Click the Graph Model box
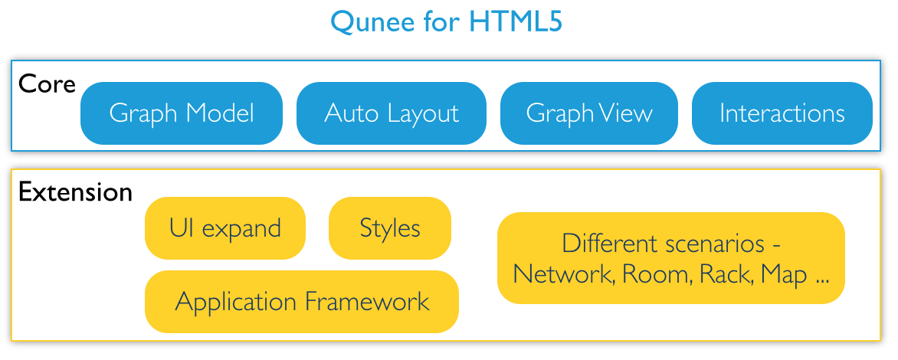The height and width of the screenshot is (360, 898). tap(182, 113)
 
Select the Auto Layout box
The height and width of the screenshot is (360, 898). tap(392, 113)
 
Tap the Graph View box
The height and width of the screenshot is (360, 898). tap(589, 113)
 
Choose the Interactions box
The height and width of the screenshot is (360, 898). tap(782, 113)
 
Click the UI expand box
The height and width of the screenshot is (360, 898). tap(225, 228)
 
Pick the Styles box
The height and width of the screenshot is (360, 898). tap(390, 228)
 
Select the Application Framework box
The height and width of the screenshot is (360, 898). tap(302, 302)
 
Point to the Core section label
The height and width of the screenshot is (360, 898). tap(47, 84)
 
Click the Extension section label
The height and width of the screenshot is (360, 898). tap(76, 191)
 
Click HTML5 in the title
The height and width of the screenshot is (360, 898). tap(516, 21)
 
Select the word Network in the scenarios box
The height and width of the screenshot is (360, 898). tap(564, 275)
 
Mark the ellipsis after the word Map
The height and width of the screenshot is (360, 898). tap(821, 282)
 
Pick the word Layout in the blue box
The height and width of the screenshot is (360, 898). tap(423, 114)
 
